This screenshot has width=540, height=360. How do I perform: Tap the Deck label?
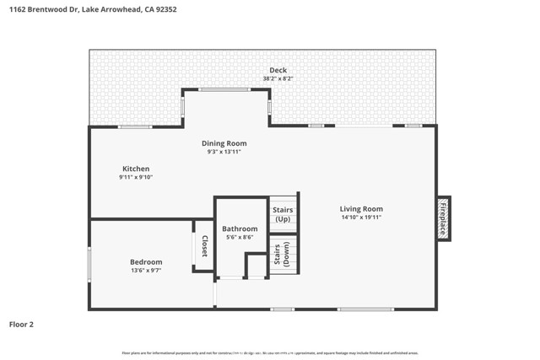tap(278, 70)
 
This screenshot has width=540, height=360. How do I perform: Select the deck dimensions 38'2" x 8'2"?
tap(278, 78)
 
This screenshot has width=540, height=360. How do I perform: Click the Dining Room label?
tap(224, 143)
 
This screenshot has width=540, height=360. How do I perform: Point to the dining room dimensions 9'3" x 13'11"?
tap(224, 152)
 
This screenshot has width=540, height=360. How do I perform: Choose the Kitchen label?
tap(135, 169)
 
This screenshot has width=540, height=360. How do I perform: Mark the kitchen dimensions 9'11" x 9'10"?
tap(135, 177)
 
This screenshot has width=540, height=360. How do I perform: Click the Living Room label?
tap(361, 208)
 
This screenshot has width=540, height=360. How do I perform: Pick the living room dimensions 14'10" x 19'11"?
tap(361, 217)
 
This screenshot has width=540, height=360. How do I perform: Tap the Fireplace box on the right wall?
tap(443, 218)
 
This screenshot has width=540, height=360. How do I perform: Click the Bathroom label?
tap(240, 228)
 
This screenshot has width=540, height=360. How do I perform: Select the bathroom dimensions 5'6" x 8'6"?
tap(240, 237)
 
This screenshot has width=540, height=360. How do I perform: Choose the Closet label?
tap(203, 246)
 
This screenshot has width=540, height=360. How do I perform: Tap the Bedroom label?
tap(145, 261)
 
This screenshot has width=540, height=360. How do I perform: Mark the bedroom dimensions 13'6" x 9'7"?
tap(145, 270)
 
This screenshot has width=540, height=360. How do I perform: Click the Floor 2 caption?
tap(21, 324)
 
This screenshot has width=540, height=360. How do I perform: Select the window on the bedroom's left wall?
tap(89, 263)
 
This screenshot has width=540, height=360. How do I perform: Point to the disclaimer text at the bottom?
tap(270, 352)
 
